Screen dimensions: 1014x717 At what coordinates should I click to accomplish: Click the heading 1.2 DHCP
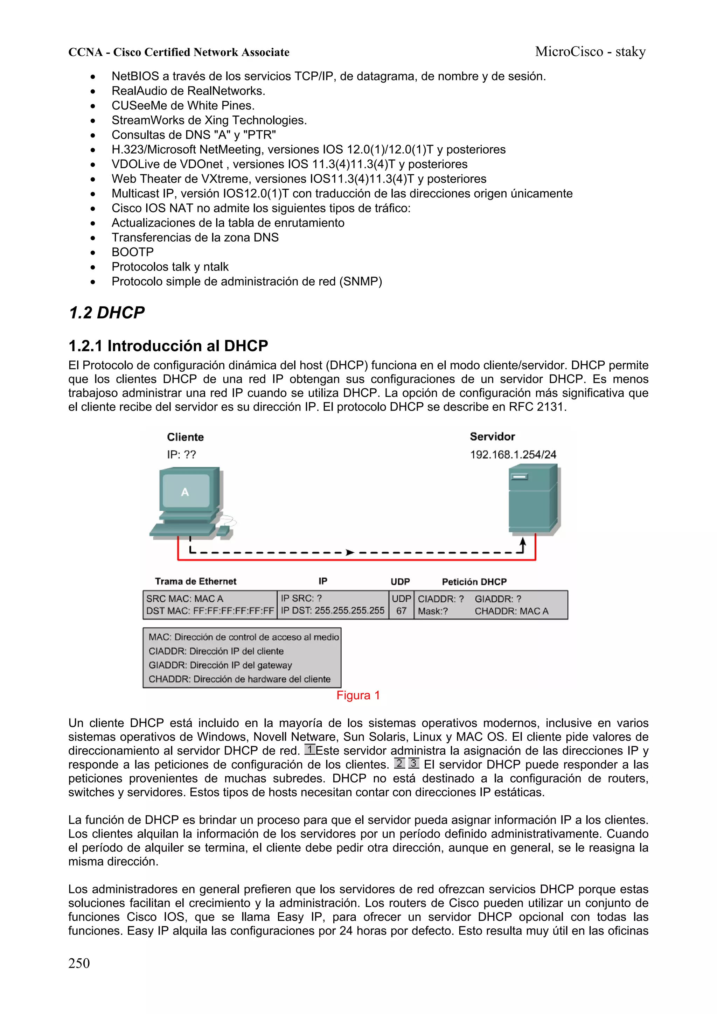pyautogui.click(x=106, y=313)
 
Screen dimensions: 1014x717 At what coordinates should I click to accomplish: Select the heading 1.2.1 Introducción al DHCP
pyautogui.click(x=168, y=346)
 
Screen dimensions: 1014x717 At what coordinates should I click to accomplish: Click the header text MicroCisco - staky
pyautogui.click(x=590, y=52)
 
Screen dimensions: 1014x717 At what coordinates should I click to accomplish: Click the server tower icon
pyautogui.click(x=534, y=499)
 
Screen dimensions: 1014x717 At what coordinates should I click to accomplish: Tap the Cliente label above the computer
pyautogui.click(x=185, y=437)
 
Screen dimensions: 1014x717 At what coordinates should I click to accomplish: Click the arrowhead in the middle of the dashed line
pyautogui.click(x=350, y=552)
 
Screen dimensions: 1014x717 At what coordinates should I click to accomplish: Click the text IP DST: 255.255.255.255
pyautogui.click(x=333, y=611)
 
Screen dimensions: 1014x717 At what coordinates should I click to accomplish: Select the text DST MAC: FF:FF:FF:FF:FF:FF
pyautogui.click(x=210, y=611)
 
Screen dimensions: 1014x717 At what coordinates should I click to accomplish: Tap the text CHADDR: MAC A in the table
pyautogui.click(x=511, y=611)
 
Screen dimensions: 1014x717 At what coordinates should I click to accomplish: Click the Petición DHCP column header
pyautogui.click(x=474, y=582)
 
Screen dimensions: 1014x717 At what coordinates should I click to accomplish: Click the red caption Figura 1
pyautogui.click(x=358, y=695)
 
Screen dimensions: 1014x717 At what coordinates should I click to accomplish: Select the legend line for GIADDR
pyautogui.click(x=220, y=665)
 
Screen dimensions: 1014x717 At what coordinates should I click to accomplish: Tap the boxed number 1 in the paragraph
pyautogui.click(x=310, y=749)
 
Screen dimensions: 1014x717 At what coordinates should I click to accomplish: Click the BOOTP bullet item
pyautogui.click(x=133, y=252)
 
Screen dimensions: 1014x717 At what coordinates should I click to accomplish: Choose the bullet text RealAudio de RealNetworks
pyautogui.click(x=188, y=91)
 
